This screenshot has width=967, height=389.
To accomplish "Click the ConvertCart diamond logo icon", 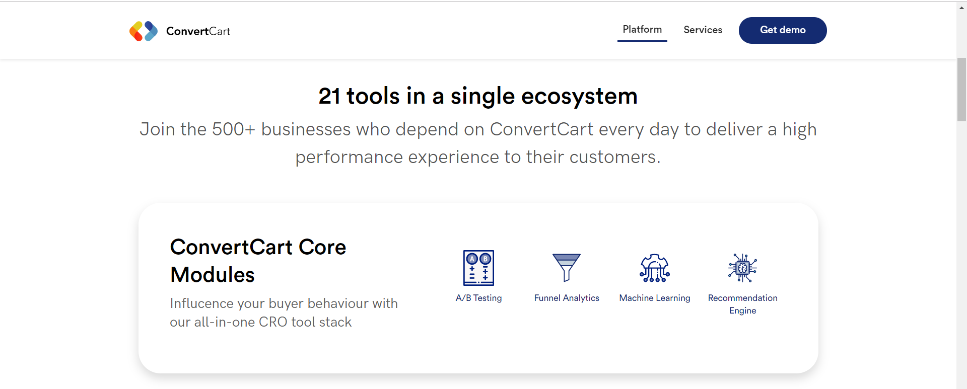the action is [144, 31].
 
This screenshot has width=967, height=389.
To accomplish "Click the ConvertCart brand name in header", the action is [198, 31].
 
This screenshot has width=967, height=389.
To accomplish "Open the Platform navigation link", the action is [642, 29].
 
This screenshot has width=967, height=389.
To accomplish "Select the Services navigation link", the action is [703, 30].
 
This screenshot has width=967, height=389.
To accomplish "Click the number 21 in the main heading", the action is [329, 96].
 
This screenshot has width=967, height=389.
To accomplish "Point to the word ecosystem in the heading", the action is [579, 97].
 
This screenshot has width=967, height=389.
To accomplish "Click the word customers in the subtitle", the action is [615, 157].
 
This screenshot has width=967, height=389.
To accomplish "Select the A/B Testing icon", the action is [478, 268].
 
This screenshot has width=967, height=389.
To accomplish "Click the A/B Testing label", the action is [478, 298].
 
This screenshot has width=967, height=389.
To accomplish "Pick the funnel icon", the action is [567, 267].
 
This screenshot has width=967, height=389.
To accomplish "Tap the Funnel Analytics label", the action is [567, 298].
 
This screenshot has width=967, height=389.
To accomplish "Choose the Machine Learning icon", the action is [655, 268].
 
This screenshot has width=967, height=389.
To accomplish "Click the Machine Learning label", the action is [655, 298].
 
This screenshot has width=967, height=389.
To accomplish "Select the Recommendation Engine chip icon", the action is [742, 268].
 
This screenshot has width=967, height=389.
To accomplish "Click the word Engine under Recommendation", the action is [743, 310].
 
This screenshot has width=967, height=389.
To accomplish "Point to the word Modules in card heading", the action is [213, 275].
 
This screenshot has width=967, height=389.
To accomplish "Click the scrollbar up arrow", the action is [961, 8].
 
